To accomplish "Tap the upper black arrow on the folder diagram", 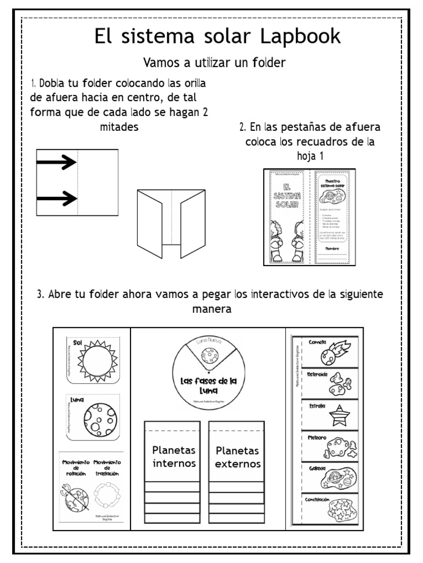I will click(x=56, y=162).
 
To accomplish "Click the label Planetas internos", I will click(x=174, y=457).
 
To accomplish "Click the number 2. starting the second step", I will click(x=242, y=127).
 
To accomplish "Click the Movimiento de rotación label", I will click(x=75, y=469).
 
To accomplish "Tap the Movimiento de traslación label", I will click(x=107, y=469).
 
